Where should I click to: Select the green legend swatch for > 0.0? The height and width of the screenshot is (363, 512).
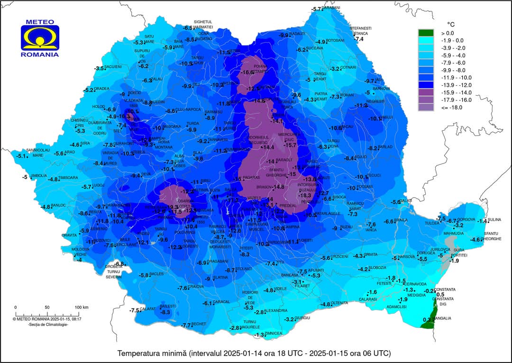click(425, 33)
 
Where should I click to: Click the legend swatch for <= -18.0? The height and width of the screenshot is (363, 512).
click(425, 108)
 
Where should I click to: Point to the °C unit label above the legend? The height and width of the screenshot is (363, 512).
click(451, 23)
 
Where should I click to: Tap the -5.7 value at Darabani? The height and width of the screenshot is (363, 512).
click(316, 9)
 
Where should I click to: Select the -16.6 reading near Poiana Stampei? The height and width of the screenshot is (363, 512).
click(247, 73)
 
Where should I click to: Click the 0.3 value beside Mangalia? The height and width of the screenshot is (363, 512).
click(425, 320)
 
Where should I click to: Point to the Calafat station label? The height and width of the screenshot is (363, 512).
click(148, 309)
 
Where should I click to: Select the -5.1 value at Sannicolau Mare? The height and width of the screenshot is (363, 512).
click(21, 156)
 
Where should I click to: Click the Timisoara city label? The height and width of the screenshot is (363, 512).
click(68, 178)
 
